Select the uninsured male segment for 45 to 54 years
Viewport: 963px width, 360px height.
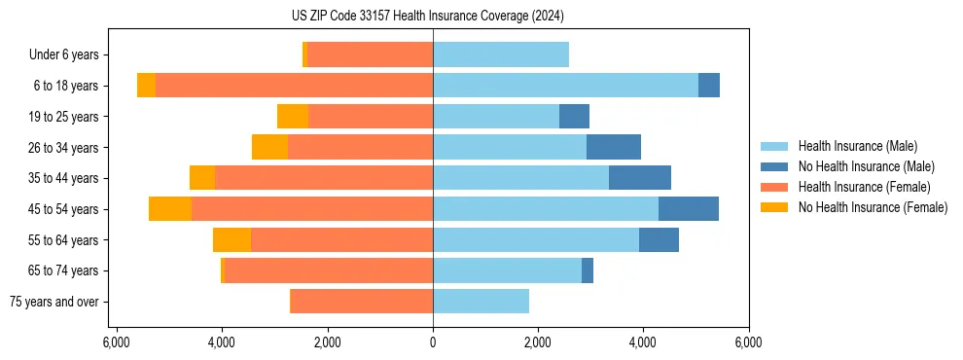689,209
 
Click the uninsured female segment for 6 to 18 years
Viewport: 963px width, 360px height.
146,86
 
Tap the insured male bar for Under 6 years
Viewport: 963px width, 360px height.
501,55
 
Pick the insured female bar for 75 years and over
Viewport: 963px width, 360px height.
362,302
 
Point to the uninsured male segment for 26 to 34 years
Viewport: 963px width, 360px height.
614,148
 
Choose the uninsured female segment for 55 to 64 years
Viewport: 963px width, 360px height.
232,240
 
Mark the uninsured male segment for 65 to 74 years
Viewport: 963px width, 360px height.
588,270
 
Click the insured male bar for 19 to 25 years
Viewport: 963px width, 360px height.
496,117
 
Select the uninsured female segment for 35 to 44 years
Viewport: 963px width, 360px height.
202,178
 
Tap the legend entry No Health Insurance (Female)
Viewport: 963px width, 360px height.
873,207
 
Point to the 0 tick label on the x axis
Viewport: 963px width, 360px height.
433,342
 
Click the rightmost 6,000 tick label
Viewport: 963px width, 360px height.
749,342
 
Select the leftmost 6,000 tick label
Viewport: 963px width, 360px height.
116,342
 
